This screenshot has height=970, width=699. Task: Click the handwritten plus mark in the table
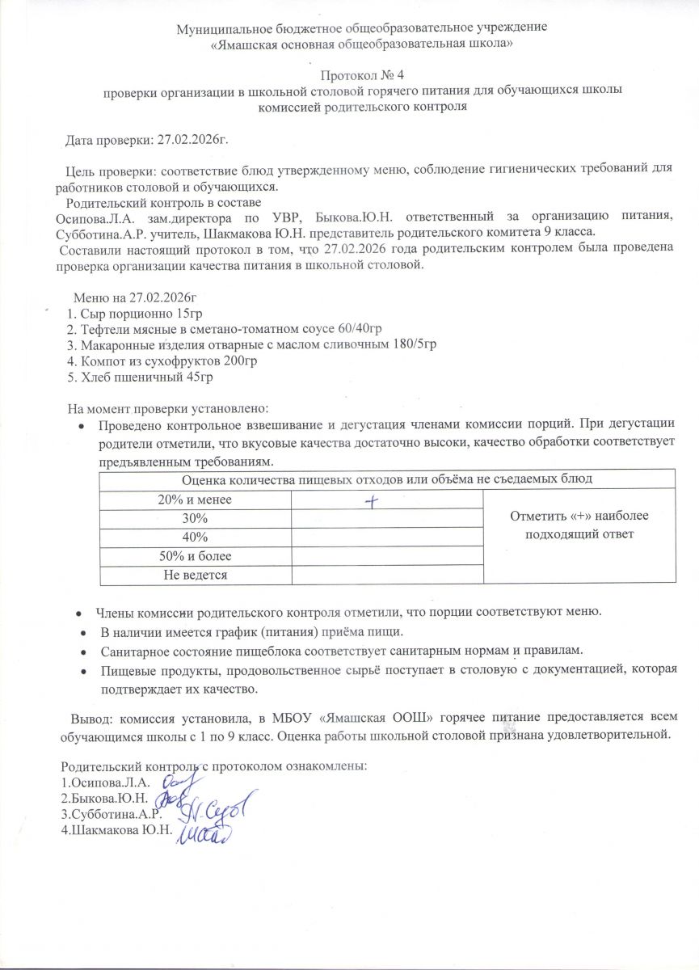click(x=372, y=502)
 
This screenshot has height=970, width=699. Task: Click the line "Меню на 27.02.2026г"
click(x=135, y=297)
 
